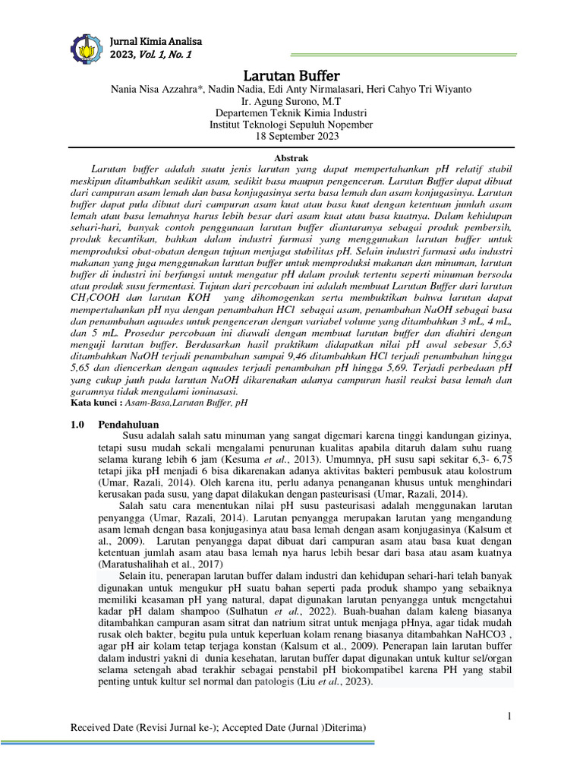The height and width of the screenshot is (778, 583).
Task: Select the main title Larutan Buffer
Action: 291,76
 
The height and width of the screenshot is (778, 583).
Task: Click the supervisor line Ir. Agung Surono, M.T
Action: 291,101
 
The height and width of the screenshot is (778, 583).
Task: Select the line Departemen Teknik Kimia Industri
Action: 291,112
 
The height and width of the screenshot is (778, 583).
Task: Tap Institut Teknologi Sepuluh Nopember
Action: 291,124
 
